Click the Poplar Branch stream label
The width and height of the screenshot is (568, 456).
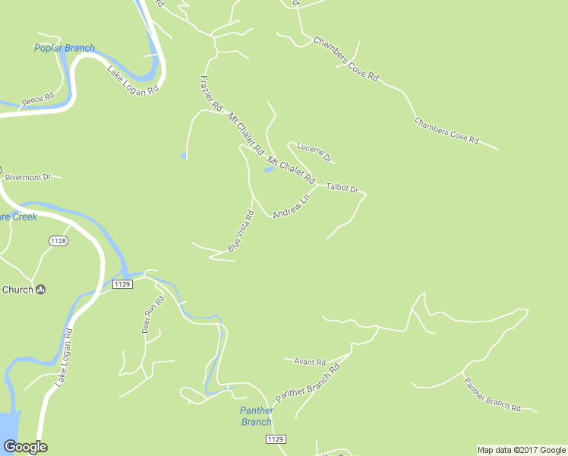(65, 48)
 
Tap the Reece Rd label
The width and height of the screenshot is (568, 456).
(37, 99)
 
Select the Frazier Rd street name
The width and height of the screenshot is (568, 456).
(210, 92)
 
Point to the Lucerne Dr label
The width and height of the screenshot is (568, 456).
(314, 152)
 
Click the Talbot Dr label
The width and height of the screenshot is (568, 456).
(342, 188)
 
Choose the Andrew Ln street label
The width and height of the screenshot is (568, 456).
(292, 207)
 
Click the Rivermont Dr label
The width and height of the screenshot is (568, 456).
(28, 177)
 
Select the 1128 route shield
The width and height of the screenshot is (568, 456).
(58, 241)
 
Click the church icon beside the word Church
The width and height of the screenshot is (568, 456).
(41, 289)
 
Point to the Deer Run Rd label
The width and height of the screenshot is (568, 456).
(153, 315)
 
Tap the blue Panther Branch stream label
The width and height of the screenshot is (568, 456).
(257, 416)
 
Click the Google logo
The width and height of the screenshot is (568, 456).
(25, 447)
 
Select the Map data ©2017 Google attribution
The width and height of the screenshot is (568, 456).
(521, 450)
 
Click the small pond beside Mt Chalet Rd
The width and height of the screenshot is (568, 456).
(269, 169)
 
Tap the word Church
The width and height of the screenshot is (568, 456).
(17, 290)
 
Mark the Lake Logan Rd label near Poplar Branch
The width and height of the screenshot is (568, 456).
(132, 80)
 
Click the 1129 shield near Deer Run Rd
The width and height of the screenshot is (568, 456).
(122, 283)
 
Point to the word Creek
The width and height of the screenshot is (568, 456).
(24, 217)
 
